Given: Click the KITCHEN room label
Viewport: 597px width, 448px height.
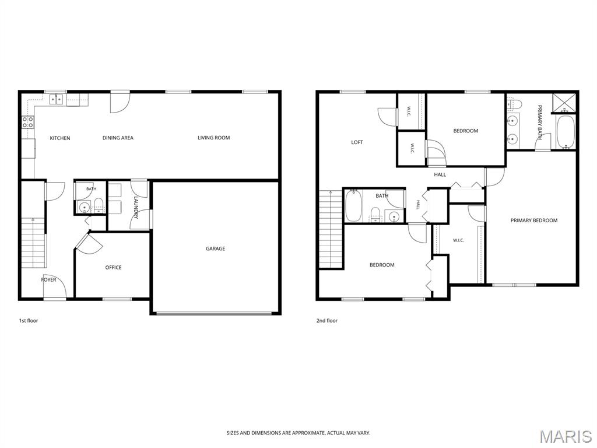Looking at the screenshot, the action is pos(60,138).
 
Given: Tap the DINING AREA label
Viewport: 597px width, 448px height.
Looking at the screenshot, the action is pos(118,138).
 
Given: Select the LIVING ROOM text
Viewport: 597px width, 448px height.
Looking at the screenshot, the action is pos(213,138).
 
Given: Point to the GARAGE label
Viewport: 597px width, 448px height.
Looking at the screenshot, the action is pos(215,249).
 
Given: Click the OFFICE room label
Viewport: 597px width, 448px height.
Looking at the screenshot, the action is pos(113,267).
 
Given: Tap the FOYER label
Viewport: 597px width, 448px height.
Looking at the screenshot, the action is pos(48,279).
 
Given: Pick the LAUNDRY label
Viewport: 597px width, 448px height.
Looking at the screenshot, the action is pos(135,207).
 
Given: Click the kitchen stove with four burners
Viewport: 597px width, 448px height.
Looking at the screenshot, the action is pos(27,122).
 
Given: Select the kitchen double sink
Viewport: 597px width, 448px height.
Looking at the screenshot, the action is pos(57,99).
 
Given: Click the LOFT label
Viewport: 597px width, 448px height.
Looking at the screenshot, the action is pos(357,142).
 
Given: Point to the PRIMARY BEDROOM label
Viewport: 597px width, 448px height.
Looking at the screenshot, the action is pos(534,220).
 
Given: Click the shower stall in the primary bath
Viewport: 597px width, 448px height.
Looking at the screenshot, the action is pos(565,103).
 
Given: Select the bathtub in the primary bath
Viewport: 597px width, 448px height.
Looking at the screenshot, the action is pos(566,132).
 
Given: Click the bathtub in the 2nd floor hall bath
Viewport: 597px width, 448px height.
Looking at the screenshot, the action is pos(353,206).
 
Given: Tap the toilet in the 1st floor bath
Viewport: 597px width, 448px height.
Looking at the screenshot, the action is pos(98,205).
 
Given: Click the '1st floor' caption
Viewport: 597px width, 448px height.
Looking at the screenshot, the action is pos(29,321).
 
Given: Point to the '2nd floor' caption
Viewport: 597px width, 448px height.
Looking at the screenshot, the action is pos(326,321).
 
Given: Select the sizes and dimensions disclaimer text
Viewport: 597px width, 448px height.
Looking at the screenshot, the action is pos(298,433).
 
